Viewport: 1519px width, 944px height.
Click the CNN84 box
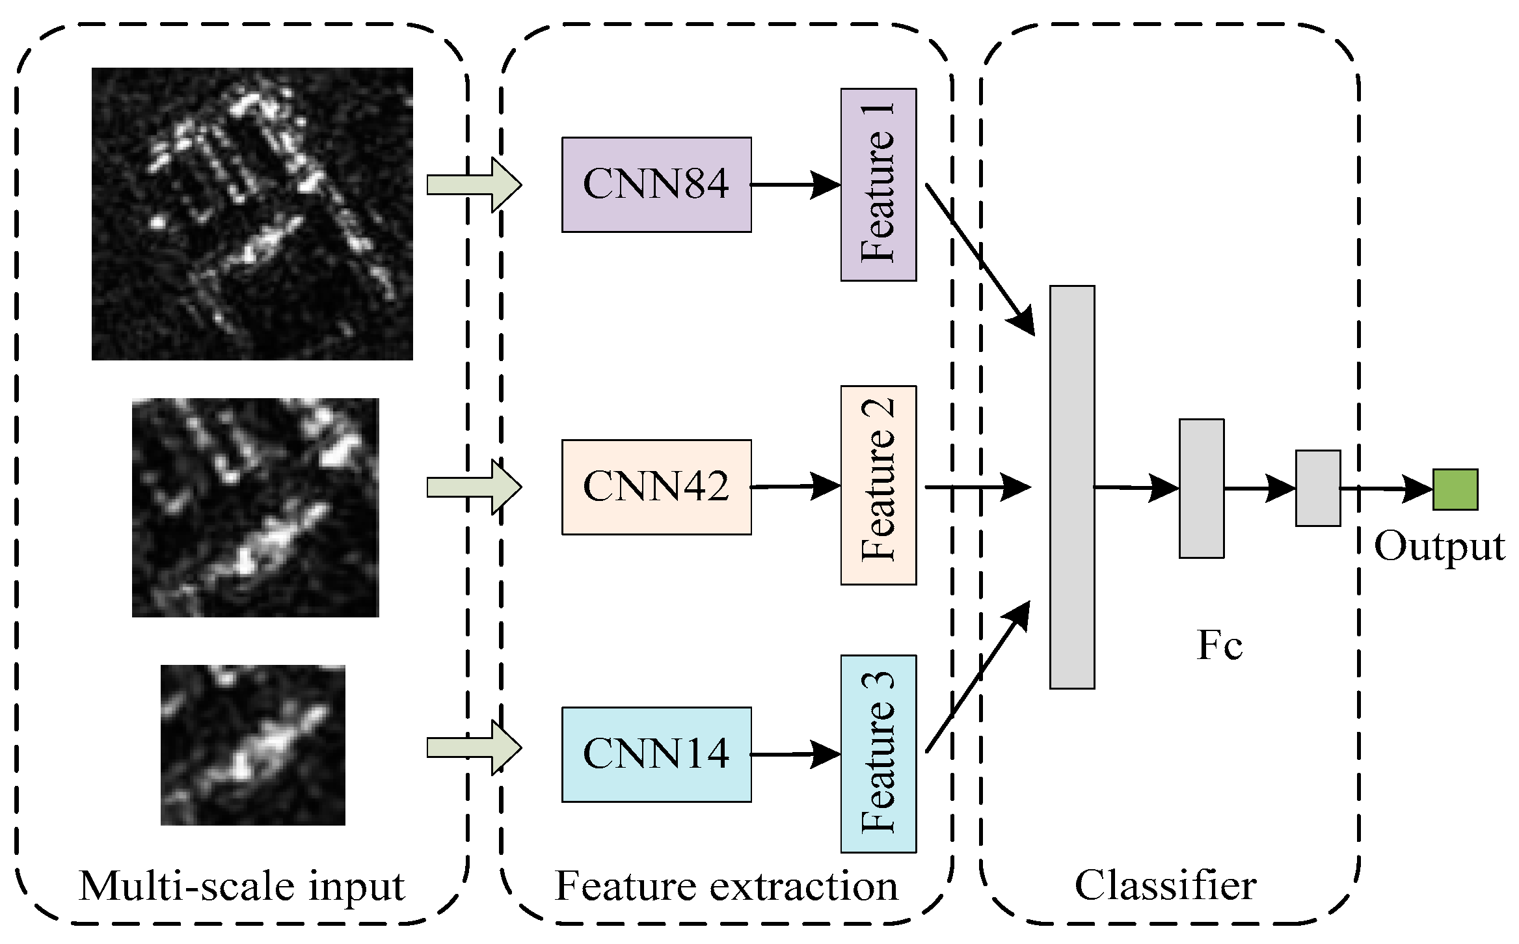point(656,184)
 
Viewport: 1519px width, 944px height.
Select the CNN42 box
point(656,487)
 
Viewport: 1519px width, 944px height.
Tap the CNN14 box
point(656,754)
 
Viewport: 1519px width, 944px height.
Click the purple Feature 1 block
point(878,185)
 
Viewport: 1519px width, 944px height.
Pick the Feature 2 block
point(878,485)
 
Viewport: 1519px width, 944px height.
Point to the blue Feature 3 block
point(878,753)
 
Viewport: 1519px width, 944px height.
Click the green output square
point(1455,489)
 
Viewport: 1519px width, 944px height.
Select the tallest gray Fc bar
point(1071,487)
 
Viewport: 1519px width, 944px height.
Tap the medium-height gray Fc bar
point(1201,488)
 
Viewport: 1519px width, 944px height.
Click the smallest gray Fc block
point(1317,488)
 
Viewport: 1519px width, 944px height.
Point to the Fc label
point(1219,645)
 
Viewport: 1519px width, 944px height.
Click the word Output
point(1439,546)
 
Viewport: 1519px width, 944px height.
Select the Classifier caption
point(1165,885)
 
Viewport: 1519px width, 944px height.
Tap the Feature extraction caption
point(726,885)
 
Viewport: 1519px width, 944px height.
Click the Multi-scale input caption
point(242,885)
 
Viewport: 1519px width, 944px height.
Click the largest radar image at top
point(252,213)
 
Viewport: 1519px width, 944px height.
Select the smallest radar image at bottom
point(252,745)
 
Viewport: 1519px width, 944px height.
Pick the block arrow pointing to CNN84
point(474,185)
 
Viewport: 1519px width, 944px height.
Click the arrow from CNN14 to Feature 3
point(795,755)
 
